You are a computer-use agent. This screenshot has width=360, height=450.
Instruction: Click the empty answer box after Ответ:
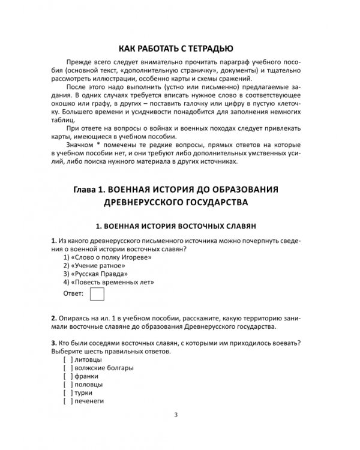(96, 294)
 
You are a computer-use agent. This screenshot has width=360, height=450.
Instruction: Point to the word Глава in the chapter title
(86, 189)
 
